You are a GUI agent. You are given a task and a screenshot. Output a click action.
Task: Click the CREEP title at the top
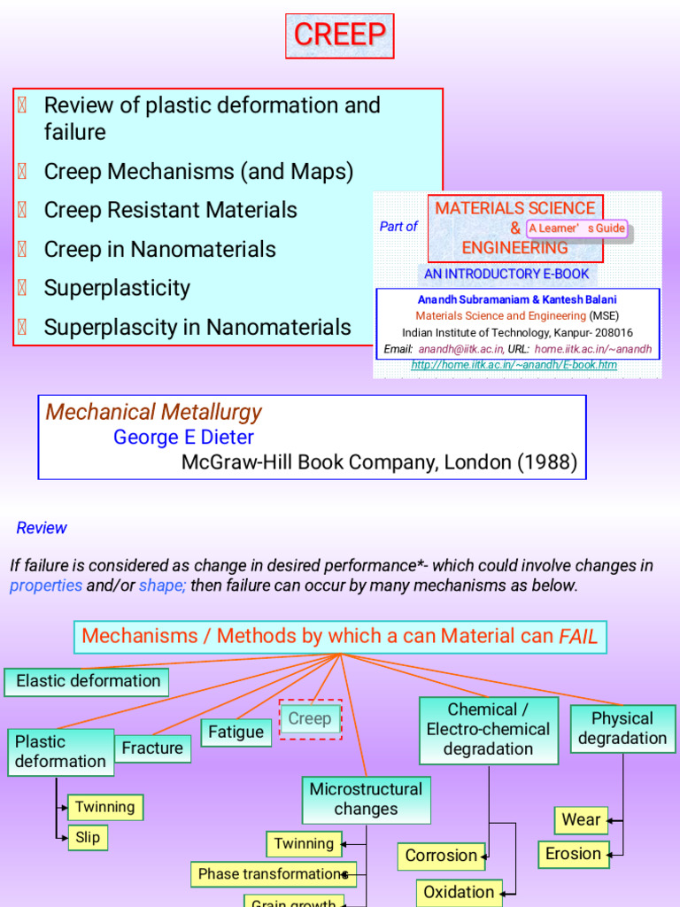pos(340,35)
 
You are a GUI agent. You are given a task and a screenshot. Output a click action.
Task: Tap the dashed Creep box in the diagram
pos(310,719)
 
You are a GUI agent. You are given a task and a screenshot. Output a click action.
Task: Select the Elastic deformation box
pos(88,681)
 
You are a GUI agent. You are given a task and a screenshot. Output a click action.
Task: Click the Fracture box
pos(152,748)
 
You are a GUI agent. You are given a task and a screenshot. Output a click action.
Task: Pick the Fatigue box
pos(236,733)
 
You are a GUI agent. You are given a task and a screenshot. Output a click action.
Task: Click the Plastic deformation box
pos(60,751)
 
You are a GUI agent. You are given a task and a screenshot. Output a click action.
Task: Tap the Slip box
pos(88,837)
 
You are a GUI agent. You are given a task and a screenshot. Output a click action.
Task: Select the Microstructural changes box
pos(366,799)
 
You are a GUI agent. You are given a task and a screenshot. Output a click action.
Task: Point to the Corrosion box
pos(441,856)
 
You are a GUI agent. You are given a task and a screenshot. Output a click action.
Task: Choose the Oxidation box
pos(459,892)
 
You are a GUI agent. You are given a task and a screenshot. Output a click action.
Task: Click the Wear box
pos(581,820)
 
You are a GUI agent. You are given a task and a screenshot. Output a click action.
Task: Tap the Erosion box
pos(574,854)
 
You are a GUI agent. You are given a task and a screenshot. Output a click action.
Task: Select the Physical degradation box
pos(622,728)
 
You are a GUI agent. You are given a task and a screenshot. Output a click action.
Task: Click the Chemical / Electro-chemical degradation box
pos(488,729)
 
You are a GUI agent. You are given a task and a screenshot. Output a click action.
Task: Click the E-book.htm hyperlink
pos(514,365)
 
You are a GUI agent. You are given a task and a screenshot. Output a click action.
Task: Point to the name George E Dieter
pos(183,438)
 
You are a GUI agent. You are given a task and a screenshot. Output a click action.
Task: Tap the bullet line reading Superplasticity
pos(117,288)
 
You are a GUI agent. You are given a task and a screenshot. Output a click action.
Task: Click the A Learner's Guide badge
pos(576,229)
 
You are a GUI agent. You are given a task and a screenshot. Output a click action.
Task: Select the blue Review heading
pos(42,528)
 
